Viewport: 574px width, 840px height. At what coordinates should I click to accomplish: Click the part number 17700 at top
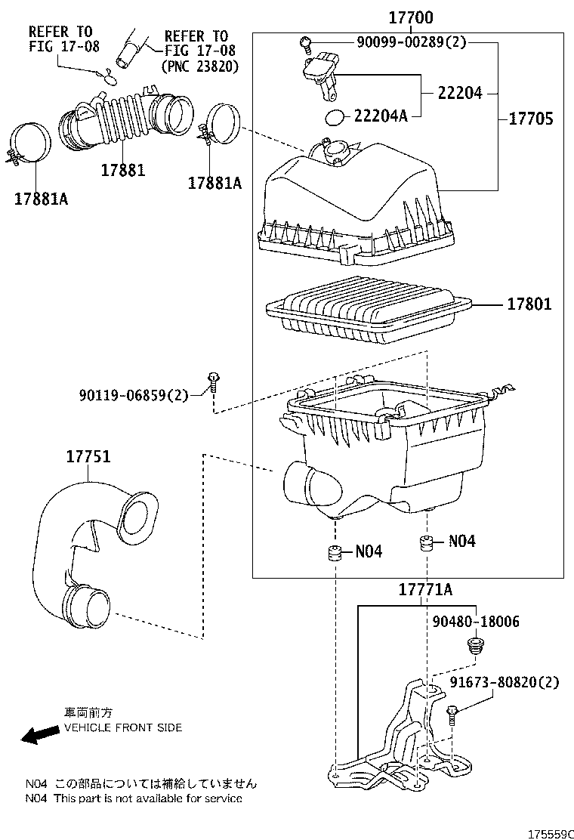tap(410, 17)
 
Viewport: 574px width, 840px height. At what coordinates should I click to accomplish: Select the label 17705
tap(530, 119)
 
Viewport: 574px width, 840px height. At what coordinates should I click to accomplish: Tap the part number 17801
tap(529, 304)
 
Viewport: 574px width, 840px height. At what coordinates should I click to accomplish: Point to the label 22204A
tap(381, 116)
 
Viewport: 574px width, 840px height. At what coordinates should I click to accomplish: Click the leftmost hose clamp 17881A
tap(30, 144)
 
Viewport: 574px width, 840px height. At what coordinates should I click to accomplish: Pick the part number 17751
tap(88, 457)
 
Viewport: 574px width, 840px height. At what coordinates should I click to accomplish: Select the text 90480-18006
tap(476, 621)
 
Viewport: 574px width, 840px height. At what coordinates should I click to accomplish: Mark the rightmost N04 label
tap(461, 541)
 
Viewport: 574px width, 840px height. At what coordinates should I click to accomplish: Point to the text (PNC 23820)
tap(200, 66)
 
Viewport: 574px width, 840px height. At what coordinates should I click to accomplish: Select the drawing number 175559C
tap(550, 833)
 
